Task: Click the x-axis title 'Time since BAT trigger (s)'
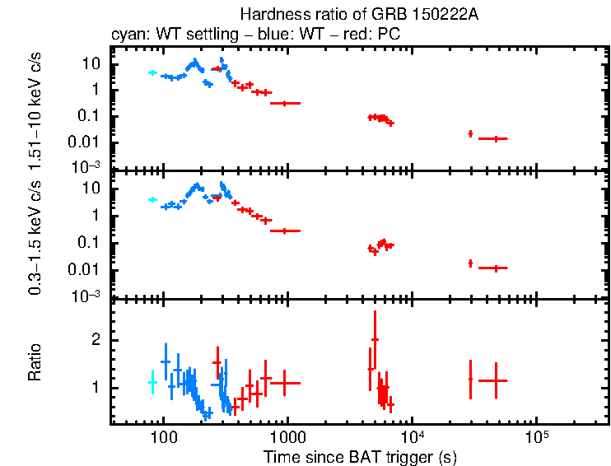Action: tap(360, 456)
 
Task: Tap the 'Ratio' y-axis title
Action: tap(35, 362)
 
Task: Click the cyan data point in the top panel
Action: tap(152, 72)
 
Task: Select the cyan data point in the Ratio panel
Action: tap(152, 382)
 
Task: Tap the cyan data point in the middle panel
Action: tap(152, 199)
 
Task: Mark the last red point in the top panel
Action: tap(494, 138)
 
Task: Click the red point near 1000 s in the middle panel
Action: tap(284, 231)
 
